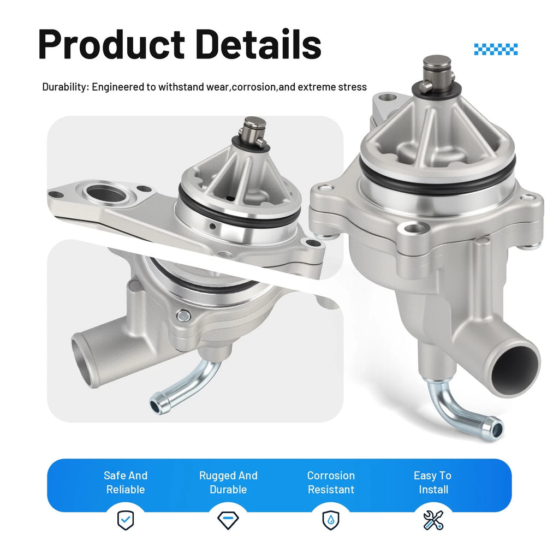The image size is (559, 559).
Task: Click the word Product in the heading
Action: (x=111, y=45)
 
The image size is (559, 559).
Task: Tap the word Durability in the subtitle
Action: (x=64, y=87)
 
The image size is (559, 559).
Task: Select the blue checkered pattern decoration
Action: (x=496, y=49)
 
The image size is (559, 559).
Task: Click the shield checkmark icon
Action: (x=126, y=520)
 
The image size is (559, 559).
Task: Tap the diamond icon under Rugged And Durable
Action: (x=228, y=520)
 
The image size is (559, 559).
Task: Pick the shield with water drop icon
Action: (x=331, y=520)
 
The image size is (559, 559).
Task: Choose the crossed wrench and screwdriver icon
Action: (x=433, y=520)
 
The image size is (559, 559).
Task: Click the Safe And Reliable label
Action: (x=126, y=483)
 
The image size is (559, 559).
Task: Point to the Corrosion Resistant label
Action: (x=331, y=483)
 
